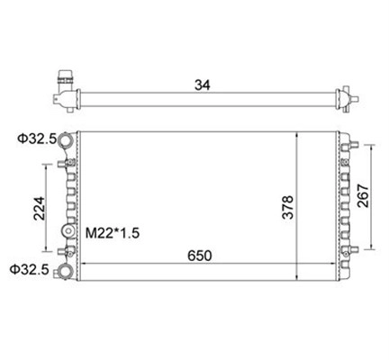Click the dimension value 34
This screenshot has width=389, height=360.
pyautogui.click(x=203, y=85)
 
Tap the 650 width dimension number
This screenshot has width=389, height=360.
pyautogui.click(x=200, y=256)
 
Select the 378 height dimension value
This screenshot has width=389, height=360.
pyautogui.click(x=287, y=207)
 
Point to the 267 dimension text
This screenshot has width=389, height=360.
pyautogui.click(x=363, y=195)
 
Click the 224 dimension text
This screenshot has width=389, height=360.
pyautogui.click(x=39, y=209)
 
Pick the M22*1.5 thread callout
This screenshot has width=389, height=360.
pyautogui.click(x=113, y=233)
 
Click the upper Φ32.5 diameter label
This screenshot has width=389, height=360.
pyautogui.click(x=37, y=139)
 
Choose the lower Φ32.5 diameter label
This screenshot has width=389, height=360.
pyautogui.click(x=29, y=269)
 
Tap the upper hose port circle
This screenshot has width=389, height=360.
pyautogui.click(x=66, y=139)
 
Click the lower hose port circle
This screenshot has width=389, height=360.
pyautogui.click(x=66, y=271)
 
